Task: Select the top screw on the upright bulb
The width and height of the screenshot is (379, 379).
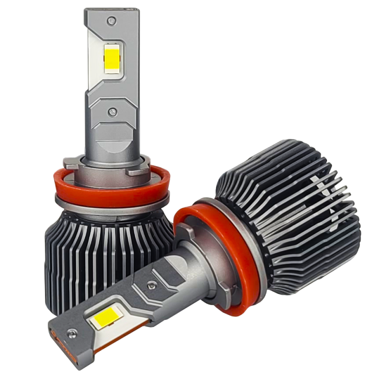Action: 112,21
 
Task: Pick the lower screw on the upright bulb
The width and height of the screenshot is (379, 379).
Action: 113,112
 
